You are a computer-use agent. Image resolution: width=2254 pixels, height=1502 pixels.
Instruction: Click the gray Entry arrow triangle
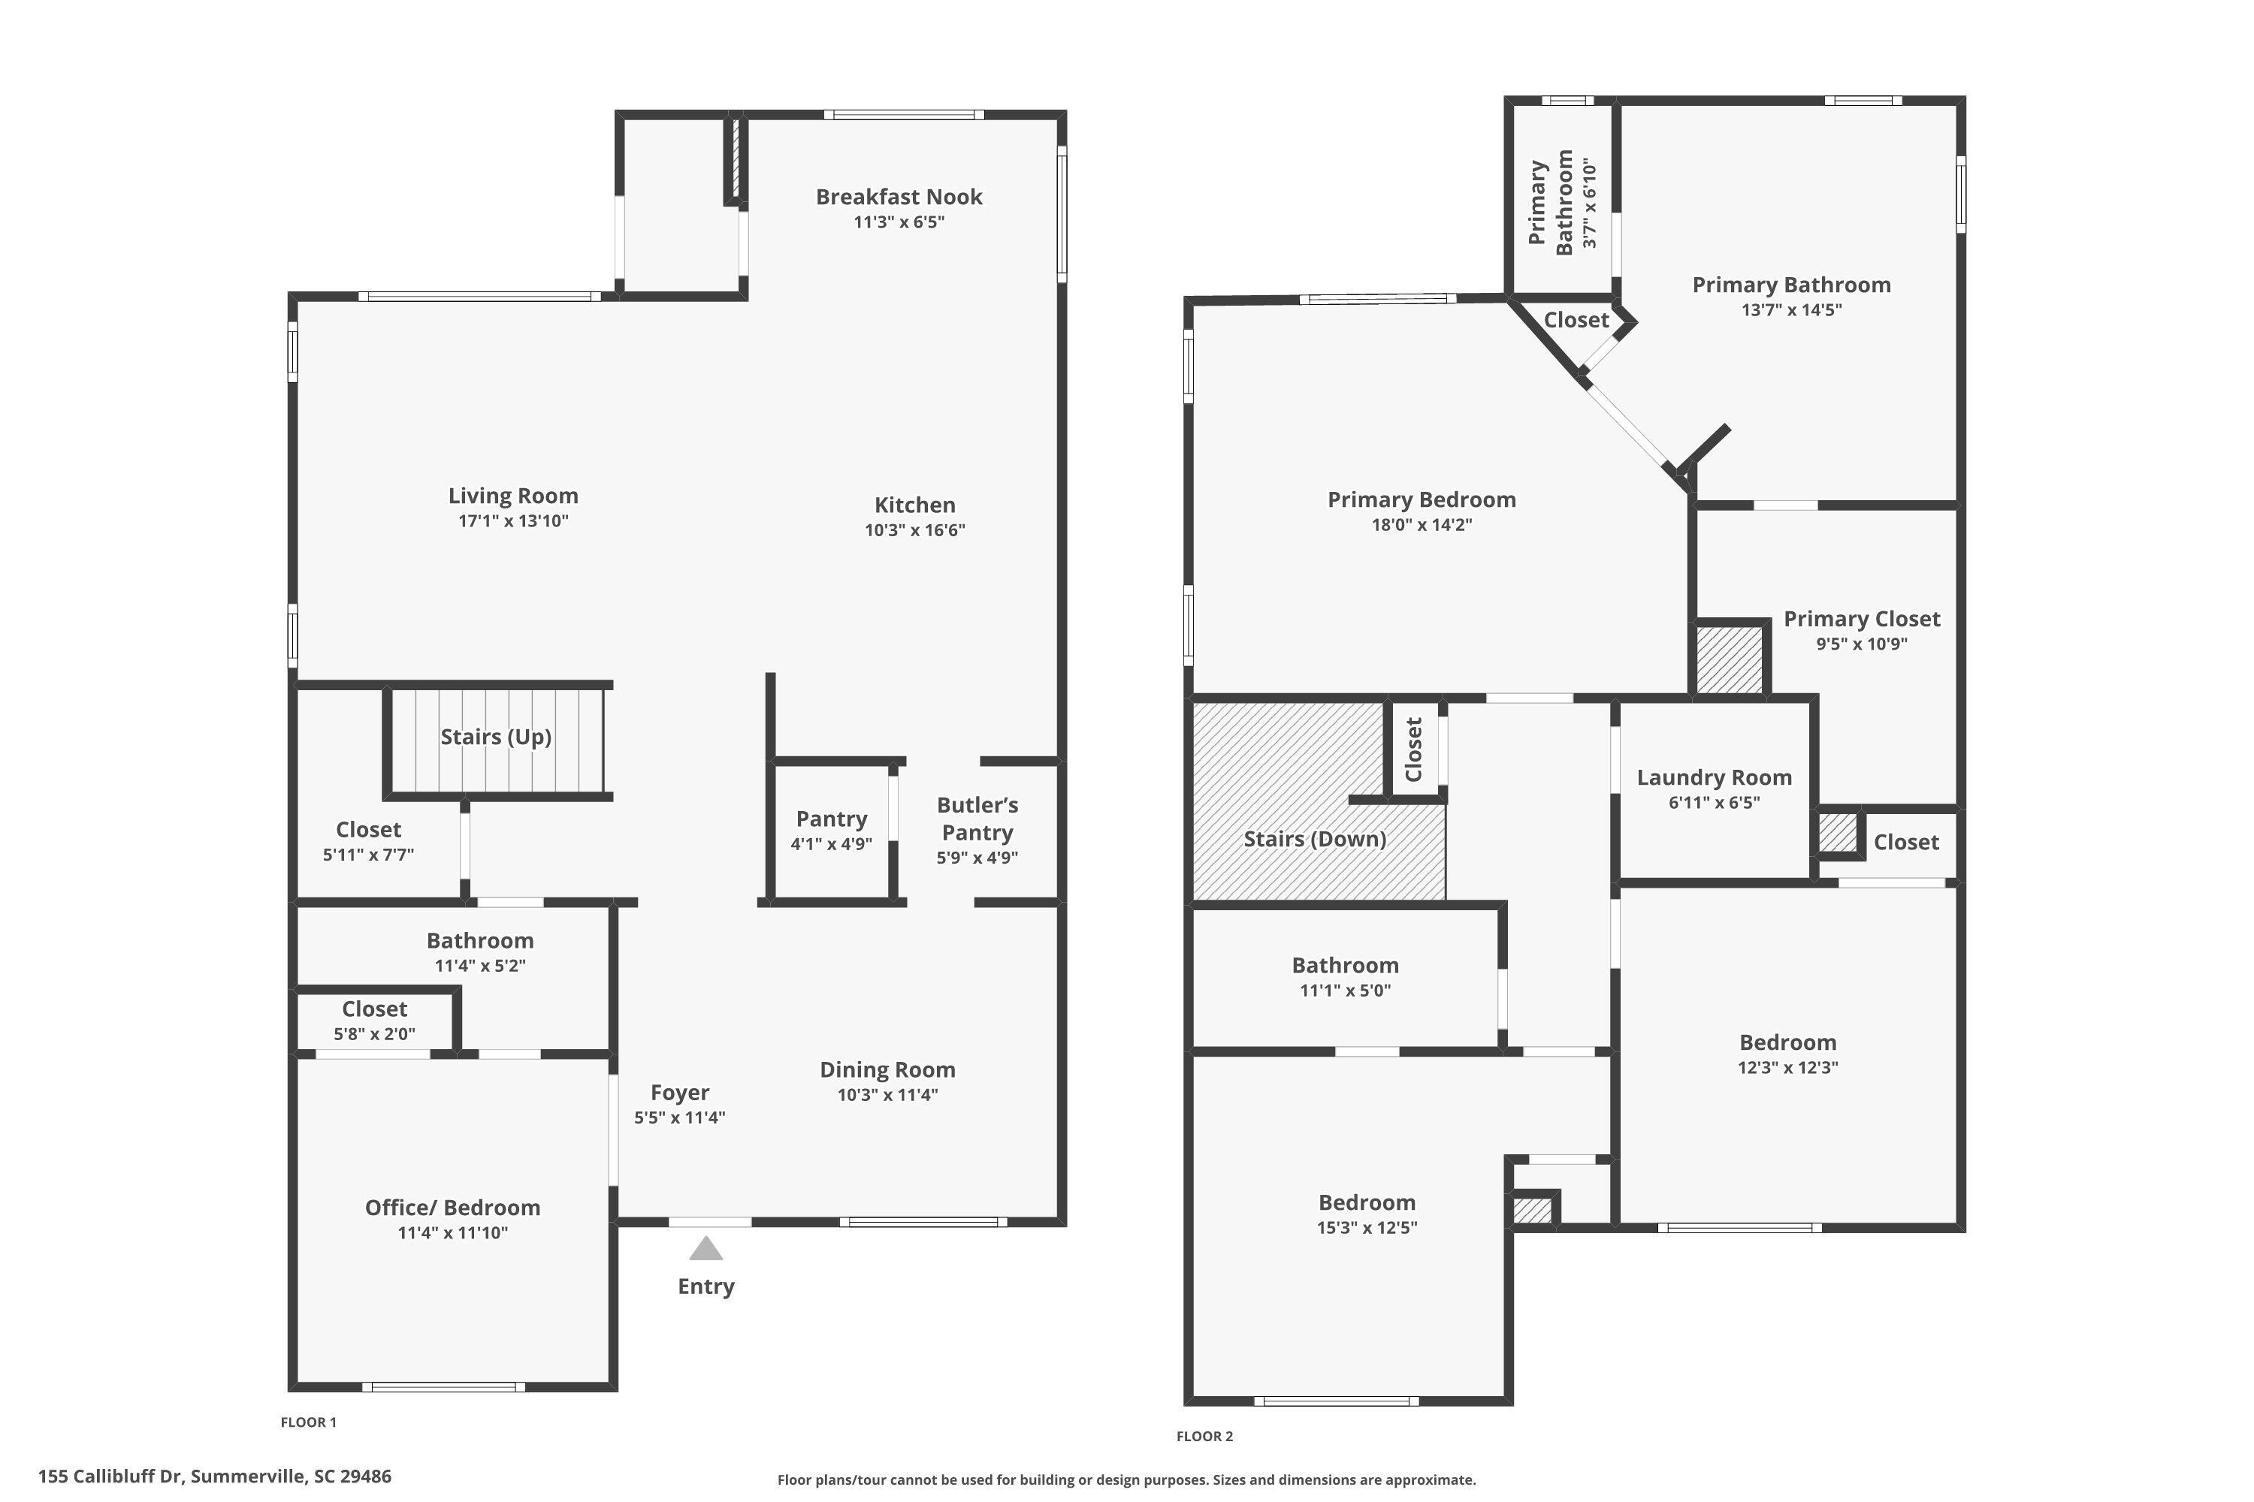[706, 1248]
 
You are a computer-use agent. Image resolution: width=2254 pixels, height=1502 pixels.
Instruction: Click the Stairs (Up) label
[495, 737]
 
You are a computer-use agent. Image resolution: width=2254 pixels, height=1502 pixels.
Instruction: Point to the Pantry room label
[831, 819]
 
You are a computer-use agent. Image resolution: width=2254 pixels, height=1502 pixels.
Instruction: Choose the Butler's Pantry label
[977, 819]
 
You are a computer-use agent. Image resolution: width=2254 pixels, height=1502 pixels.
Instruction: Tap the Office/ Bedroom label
[452, 1208]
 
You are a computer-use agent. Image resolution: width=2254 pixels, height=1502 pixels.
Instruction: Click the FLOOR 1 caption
[309, 1422]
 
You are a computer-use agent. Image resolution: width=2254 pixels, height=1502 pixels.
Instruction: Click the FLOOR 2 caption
[1204, 1436]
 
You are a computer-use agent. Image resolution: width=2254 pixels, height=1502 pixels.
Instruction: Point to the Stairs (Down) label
[1315, 839]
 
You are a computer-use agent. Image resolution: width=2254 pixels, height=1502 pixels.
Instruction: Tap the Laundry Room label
[1714, 778]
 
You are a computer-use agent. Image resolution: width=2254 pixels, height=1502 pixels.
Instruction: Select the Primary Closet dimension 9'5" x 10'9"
[1861, 644]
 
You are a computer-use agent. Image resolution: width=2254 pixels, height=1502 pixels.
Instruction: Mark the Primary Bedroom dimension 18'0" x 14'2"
[1422, 525]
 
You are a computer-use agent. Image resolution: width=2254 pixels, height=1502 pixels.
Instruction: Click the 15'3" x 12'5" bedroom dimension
[1367, 1228]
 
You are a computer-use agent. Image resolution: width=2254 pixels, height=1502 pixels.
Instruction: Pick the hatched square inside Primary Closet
[1730, 659]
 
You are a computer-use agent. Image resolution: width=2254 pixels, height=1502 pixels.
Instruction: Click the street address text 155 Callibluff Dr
[215, 1476]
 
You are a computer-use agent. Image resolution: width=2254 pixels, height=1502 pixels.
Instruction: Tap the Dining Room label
[887, 1070]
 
